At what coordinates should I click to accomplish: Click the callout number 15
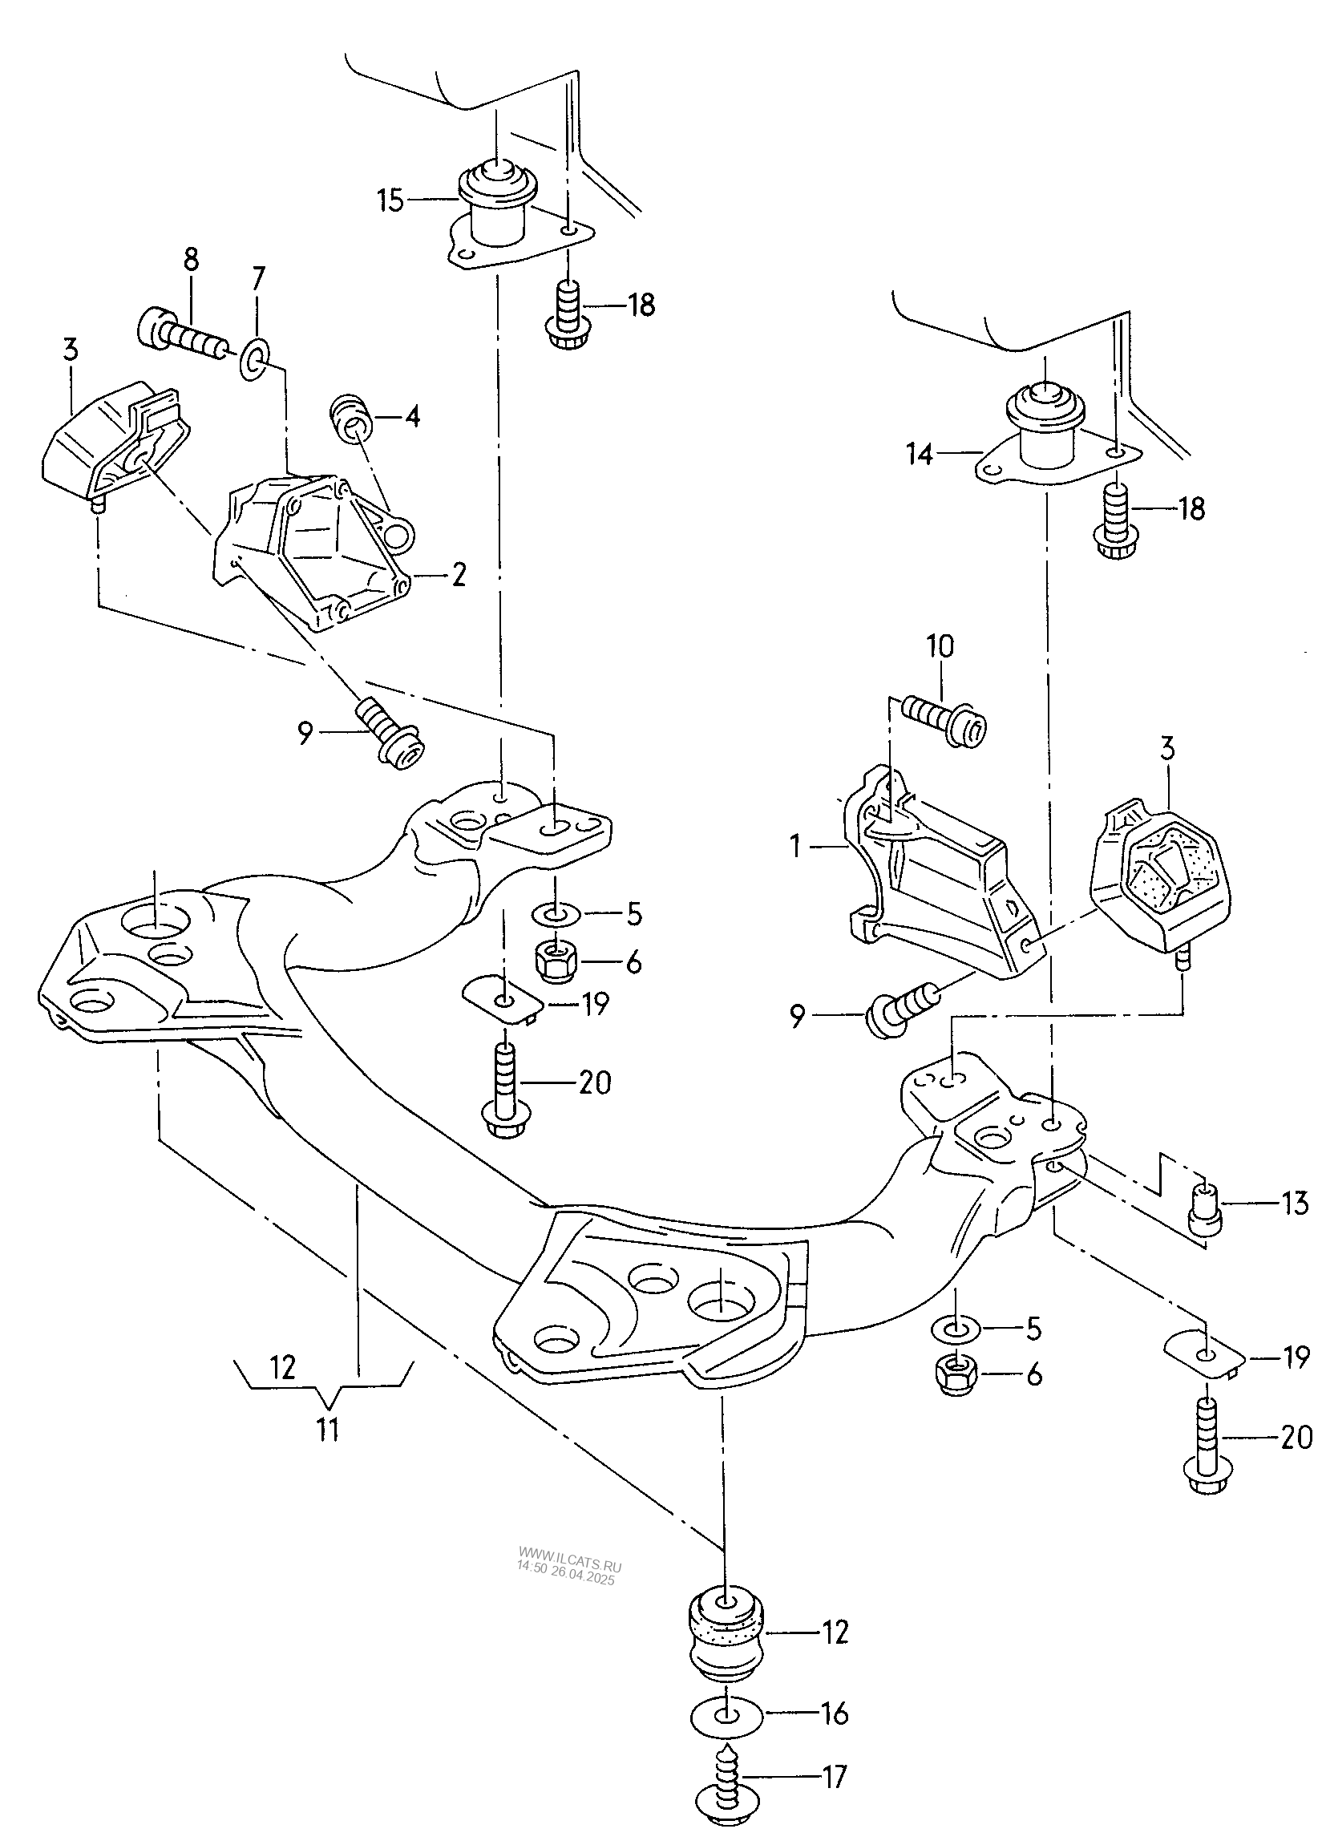click(391, 200)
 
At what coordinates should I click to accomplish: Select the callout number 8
click(190, 261)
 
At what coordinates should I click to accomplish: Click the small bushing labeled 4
click(350, 420)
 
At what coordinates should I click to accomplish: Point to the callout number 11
click(327, 1430)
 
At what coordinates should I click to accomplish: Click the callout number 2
click(458, 576)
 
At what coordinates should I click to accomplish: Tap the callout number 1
click(794, 848)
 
